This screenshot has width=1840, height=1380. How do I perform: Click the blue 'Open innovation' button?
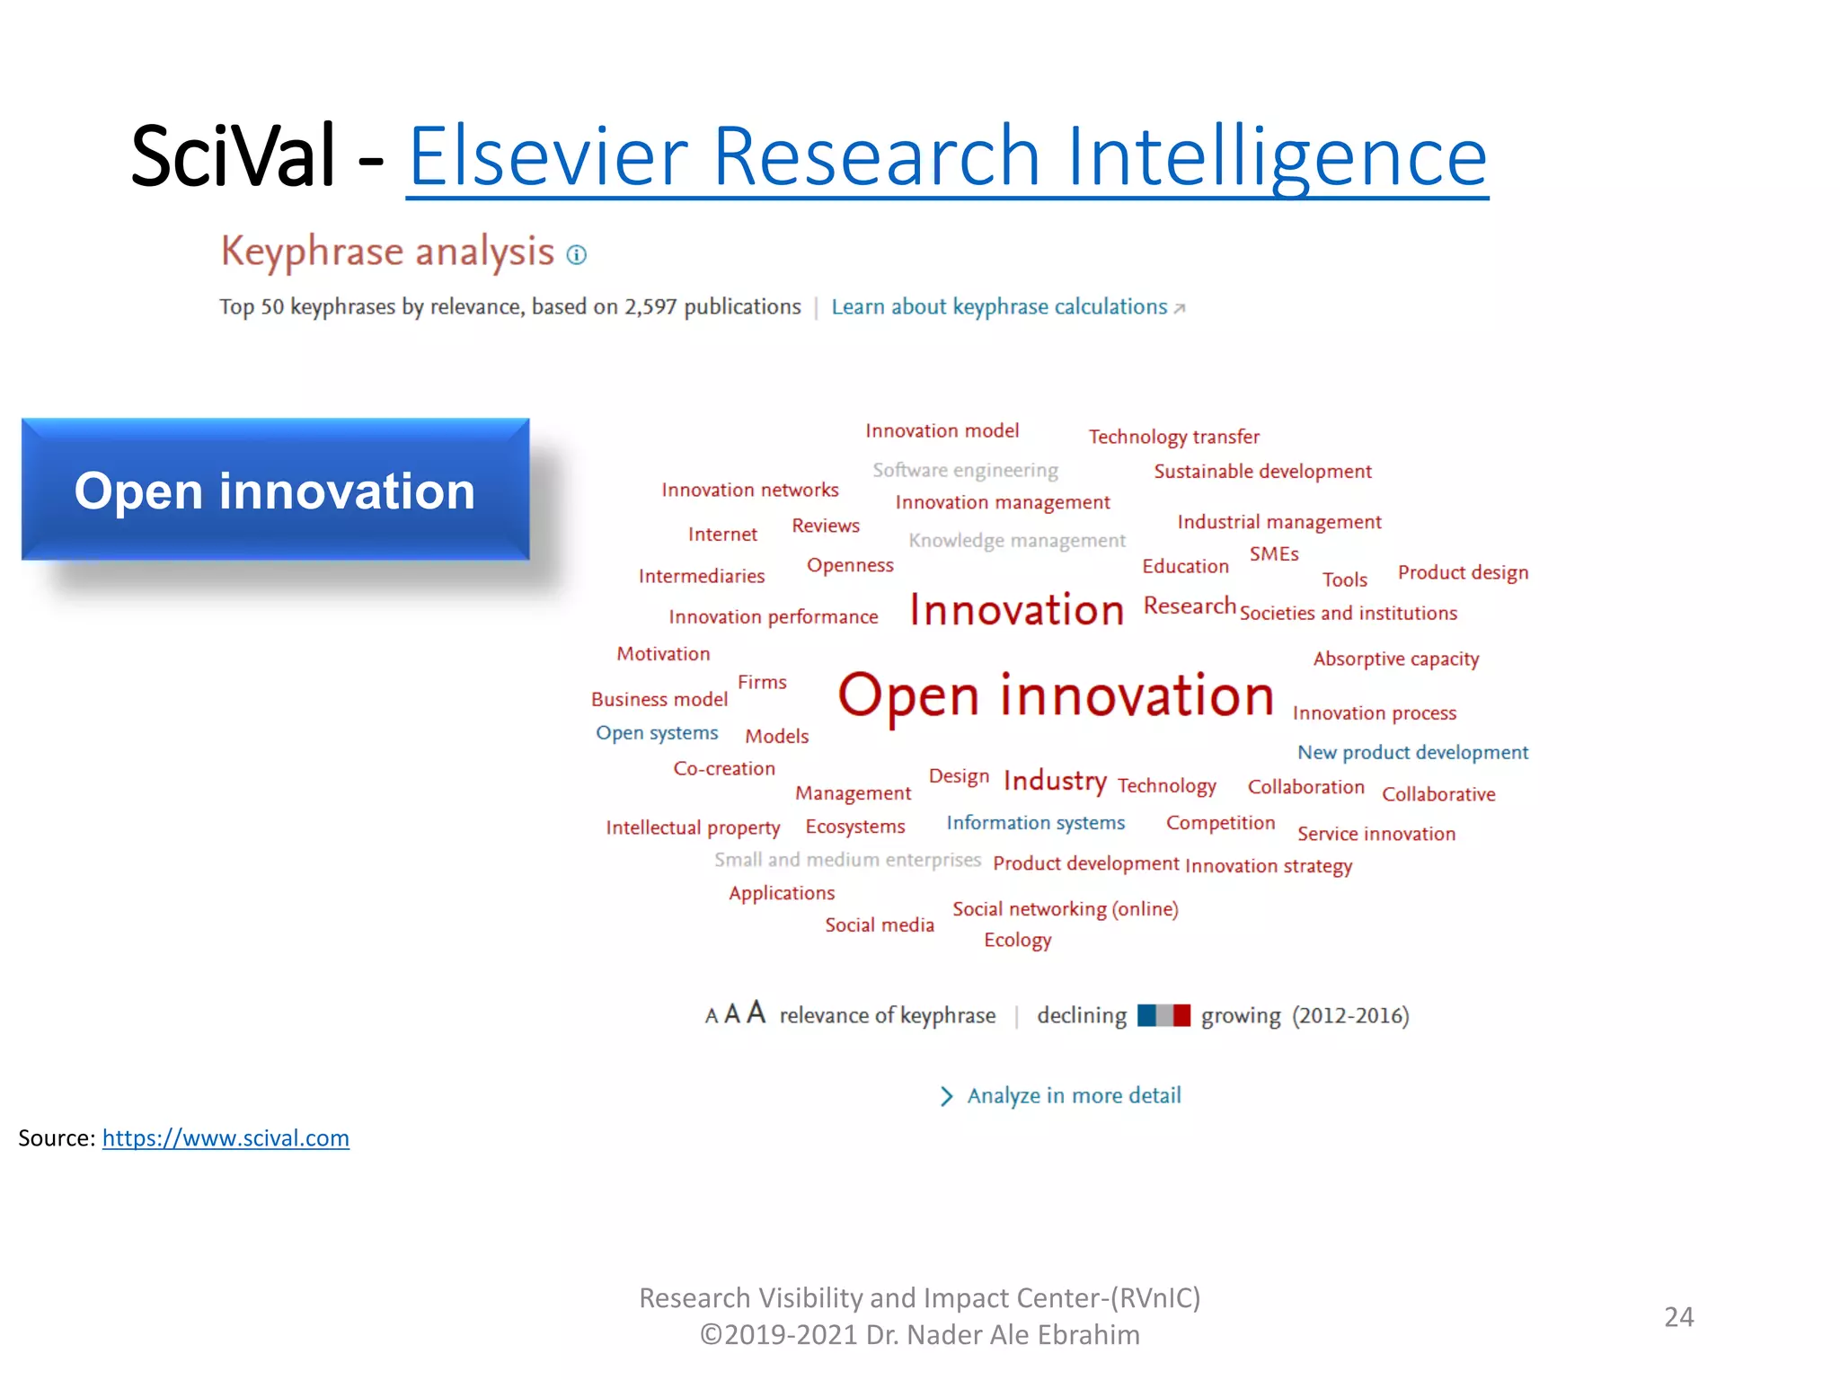275,490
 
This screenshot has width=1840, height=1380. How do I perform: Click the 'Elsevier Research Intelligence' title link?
947,157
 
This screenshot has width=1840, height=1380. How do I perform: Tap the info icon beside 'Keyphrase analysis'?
577,255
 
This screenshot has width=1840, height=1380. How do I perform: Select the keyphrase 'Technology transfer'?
1173,437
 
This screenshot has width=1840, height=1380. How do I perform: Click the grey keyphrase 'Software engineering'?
965,470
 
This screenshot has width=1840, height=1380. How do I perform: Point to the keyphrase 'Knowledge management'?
1016,540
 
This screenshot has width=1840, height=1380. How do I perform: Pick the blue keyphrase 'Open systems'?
657,733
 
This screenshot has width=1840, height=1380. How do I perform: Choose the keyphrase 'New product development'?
1411,752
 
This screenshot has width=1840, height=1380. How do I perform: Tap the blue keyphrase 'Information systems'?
1035,823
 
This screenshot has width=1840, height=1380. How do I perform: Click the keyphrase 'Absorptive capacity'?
1395,659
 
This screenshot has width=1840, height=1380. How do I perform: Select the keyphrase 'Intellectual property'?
693,827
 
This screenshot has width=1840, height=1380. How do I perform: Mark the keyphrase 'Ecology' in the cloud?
1017,940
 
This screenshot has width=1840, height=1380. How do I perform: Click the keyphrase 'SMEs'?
1273,553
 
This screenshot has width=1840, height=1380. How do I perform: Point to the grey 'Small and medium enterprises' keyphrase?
847,860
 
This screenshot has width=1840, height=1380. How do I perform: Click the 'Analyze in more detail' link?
1073,1096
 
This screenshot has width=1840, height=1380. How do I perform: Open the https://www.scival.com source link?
226,1138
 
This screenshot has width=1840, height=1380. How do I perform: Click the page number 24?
1678,1317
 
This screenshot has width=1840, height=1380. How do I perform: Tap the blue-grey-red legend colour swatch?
1163,1015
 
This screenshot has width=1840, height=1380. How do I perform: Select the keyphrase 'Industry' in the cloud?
1055,781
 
